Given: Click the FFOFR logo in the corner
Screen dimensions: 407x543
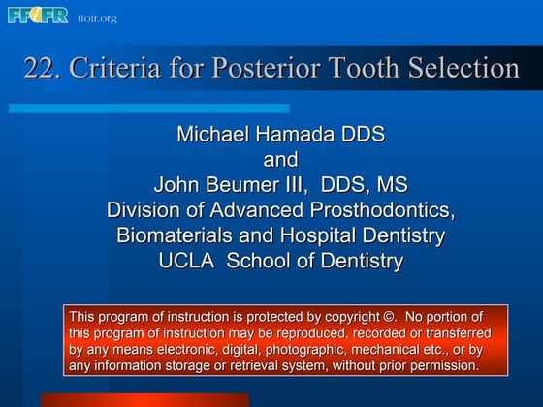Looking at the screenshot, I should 38,16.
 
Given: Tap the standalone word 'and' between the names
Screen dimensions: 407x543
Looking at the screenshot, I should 280,159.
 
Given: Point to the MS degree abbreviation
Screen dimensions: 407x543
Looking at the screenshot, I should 390,184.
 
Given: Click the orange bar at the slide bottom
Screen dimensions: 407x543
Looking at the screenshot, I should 144,399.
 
